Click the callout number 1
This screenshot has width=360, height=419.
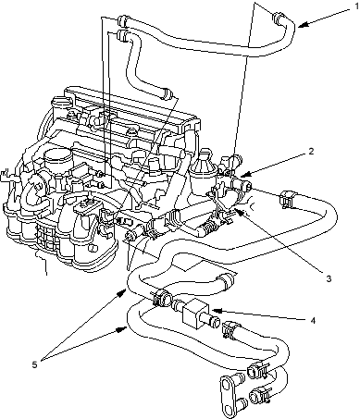[x=357, y=6]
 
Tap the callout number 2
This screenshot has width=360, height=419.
[x=311, y=151]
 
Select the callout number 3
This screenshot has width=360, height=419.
[x=329, y=278]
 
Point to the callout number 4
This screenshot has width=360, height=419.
[x=313, y=321]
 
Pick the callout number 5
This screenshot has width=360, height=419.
[x=34, y=364]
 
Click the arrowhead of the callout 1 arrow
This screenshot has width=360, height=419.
[x=301, y=25]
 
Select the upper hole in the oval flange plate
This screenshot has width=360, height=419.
[x=228, y=385]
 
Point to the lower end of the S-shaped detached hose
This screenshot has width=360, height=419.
[x=167, y=93]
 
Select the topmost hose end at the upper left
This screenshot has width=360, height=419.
[x=122, y=19]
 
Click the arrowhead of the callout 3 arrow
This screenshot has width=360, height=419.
[x=236, y=210]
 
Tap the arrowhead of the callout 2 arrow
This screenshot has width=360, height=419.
[x=242, y=176]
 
